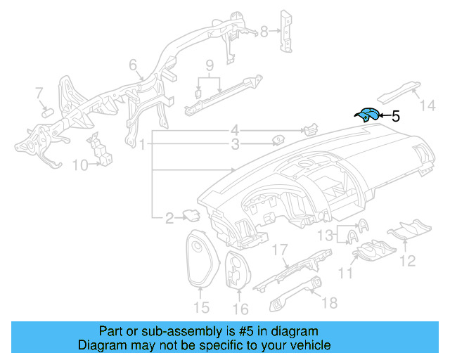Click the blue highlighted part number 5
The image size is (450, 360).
tap(366, 115)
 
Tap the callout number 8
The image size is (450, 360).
tap(264, 31)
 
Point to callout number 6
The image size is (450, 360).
tap(133, 65)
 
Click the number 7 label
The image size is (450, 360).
tap(39, 92)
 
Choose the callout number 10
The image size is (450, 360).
tap(79, 165)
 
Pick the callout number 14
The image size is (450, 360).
tap(428, 105)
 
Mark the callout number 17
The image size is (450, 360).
tap(281, 250)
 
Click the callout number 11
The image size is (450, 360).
tap(345, 272)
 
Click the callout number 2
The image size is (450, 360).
tap(169, 219)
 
